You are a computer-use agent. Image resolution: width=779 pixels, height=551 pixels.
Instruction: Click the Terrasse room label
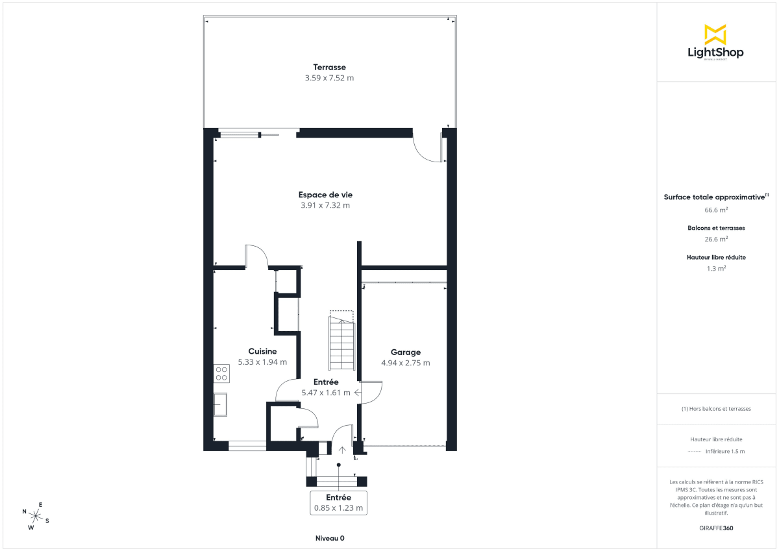point(329,67)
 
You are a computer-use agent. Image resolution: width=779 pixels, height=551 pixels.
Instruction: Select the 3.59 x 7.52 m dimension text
point(329,78)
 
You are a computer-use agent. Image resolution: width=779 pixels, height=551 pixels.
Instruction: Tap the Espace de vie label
point(325,195)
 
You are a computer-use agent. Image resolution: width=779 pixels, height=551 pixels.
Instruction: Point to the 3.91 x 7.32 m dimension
point(325,206)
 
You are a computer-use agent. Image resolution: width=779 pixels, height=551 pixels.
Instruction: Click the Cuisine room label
point(262,351)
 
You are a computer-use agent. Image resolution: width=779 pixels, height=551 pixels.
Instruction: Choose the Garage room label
point(405,352)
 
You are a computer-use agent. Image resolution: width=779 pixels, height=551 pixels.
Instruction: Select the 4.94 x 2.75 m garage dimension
point(405,363)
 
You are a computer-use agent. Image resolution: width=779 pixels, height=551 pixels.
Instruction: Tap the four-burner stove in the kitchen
point(221,373)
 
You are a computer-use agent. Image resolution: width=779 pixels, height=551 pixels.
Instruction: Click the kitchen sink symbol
point(221,405)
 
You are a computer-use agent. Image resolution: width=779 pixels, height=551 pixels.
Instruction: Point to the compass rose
point(36,516)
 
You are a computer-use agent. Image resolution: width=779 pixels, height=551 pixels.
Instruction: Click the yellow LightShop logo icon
point(715,34)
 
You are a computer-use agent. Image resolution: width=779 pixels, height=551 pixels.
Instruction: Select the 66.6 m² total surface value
point(716,210)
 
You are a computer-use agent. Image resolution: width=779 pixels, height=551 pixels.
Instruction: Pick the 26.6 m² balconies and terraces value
point(716,239)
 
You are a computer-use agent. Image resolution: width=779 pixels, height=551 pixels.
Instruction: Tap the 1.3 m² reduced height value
point(716,268)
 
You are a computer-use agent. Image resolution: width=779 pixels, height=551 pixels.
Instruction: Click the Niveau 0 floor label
point(330,538)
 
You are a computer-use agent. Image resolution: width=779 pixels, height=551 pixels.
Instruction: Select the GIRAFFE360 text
point(716,528)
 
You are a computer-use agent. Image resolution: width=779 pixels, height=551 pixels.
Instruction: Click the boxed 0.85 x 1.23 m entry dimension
point(338,503)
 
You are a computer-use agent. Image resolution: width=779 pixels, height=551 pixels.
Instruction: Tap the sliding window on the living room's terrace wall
point(240,135)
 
